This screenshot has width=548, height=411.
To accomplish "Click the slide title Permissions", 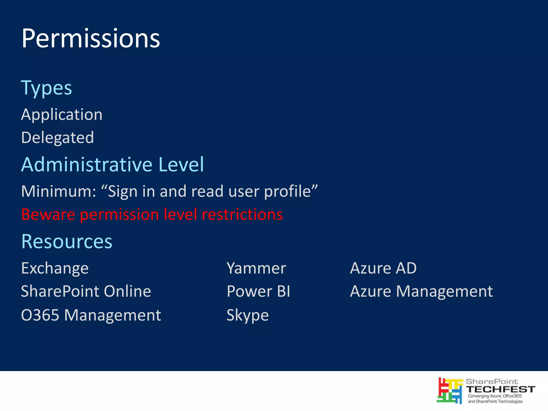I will [x=90, y=39].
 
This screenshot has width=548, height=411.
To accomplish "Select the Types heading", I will [x=47, y=88].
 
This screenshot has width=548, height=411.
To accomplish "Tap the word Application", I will [x=62, y=115].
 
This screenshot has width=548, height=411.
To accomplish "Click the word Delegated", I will [x=58, y=138].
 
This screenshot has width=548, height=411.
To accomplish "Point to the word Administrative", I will [x=86, y=164].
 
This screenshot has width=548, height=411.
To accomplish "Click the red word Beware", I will [x=48, y=214].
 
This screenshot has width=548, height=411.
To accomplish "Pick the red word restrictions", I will [x=242, y=214].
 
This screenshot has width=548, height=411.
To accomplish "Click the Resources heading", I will [x=67, y=241].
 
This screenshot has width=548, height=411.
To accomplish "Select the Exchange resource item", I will [x=55, y=268].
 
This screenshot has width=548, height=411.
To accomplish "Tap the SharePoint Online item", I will [x=86, y=291].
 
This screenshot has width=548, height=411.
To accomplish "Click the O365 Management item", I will [x=91, y=315].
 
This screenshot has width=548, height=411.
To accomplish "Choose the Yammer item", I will [x=256, y=268].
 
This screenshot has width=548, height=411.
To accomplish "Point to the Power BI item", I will [x=258, y=291].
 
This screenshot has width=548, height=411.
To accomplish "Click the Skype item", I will [x=248, y=315].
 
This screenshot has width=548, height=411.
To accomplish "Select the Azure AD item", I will [x=383, y=268].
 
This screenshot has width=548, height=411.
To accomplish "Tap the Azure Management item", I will [x=421, y=291].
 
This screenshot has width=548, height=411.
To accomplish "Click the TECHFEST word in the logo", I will [x=500, y=389].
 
